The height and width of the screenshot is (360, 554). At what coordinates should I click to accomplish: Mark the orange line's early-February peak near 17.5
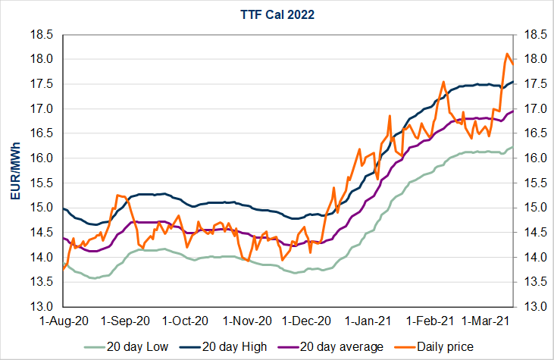click(x=443, y=82)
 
